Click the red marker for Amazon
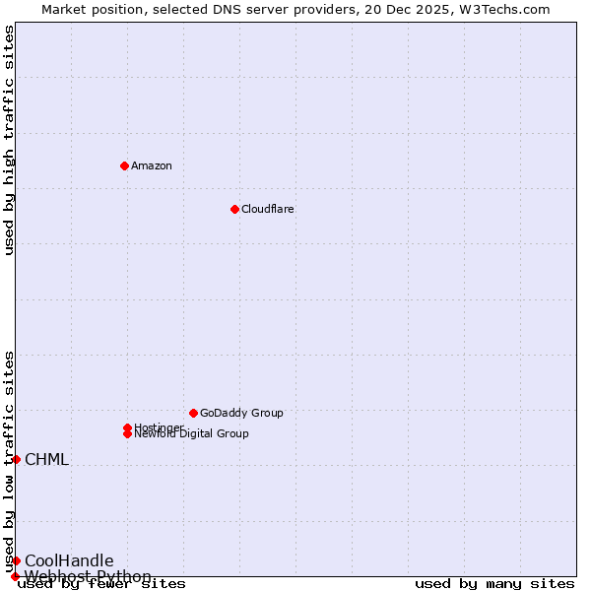[x=124, y=165]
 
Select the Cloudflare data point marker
[x=234, y=209]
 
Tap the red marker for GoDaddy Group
[x=193, y=413]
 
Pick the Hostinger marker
[x=127, y=427]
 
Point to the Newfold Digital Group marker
[x=127, y=434]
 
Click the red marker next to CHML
[x=16, y=459]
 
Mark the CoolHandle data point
[x=16, y=560]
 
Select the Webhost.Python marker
[x=15, y=576]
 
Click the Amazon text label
[x=152, y=165]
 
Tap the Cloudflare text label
[x=268, y=209]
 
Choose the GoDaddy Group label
[x=241, y=413]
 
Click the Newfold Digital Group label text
[x=192, y=434]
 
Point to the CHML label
[x=46, y=459]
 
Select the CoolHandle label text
[x=69, y=560]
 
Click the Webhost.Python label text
[x=88, y=576]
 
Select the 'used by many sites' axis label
[x=494, y=584]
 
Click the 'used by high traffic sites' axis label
[x=9, y=140]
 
